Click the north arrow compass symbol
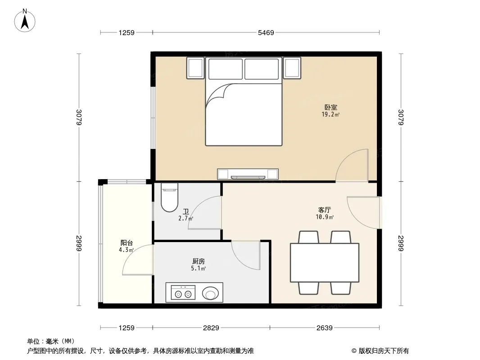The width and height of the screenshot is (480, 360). pos(25,21)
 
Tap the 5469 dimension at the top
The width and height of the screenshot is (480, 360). pos(266,32)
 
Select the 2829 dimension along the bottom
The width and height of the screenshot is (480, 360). pos(211,328)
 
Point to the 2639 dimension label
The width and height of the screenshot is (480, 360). pos(325,328)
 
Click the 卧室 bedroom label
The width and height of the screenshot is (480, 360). pos(331,108)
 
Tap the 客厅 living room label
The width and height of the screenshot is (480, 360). pos(325,210)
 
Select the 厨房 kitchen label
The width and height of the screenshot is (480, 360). pos(199,261)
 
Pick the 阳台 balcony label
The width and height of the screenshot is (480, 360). pos(127,243)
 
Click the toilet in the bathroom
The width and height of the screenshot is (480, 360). pos(169,197)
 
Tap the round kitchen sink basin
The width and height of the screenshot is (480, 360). pos(210,293)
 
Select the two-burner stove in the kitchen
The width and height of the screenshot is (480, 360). pos(183,292)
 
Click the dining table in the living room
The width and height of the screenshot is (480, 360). pos(325,262)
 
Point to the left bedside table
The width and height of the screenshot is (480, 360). pos(195,68)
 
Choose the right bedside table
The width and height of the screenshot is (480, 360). pos(292,68)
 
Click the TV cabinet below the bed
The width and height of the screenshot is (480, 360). pos(248,174)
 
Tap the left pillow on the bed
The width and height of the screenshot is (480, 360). pos(226,69)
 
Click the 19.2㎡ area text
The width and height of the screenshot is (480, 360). pos(331,115)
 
